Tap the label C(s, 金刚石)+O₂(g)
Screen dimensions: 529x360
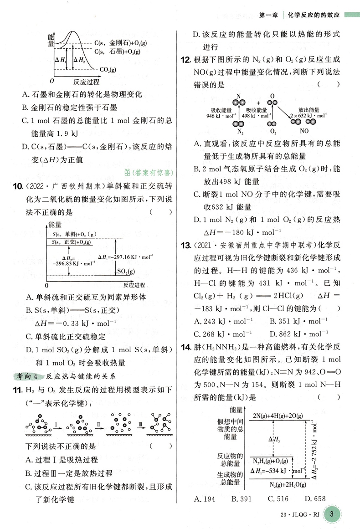point(121,43)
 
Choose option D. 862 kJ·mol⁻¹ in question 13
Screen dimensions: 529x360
point(296,333)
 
